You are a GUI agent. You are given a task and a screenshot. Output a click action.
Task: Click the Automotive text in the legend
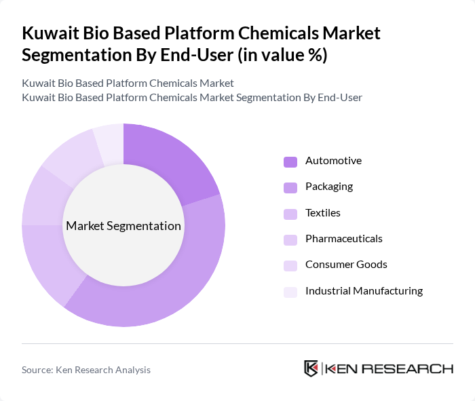[x=333, y=161]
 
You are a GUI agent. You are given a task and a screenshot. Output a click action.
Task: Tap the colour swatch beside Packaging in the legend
[x=290, y=187]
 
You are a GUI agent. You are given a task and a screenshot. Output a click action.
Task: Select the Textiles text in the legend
[x=323, y=213]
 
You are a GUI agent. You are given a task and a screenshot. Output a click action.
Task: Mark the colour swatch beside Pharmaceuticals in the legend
[x=290, y=240]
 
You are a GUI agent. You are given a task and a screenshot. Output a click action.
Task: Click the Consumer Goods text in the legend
[x=346, y=265]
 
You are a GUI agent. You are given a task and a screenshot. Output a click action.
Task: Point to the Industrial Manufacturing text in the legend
[x=364, y=291]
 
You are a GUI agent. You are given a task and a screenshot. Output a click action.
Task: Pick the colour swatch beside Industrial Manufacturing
[x=290, y=292]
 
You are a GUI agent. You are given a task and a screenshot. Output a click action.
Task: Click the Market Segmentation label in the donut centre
[x=123, y=226]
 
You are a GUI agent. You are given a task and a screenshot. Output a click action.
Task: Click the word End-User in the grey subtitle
[x=340, y=98]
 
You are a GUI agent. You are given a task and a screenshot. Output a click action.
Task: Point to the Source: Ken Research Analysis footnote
[x=86, y=370]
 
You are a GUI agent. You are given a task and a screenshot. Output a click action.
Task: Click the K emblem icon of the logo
[x=311, y=368]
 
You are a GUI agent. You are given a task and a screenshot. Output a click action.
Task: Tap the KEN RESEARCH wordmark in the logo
[x=389, y=368]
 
